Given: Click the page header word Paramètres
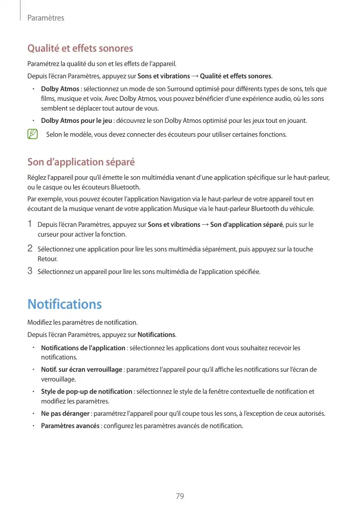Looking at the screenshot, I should tap(46, 18).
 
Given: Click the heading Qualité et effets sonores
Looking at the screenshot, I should tap(80, 49).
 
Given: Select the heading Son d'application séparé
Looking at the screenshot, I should tap(81, 162).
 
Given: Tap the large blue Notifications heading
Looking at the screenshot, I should tap(65, 304).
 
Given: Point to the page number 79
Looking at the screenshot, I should tap(180, 496).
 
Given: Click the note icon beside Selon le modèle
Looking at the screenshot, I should tap(33, 135).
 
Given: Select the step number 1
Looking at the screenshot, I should tap(30, 224).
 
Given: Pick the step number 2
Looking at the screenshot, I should tap(30, 249).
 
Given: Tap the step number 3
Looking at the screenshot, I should tap(30, 271).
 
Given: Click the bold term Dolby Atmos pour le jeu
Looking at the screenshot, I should tap(76, 121).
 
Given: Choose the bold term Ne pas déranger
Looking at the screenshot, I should tap(65, 414).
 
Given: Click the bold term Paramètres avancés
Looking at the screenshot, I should tap(70, 426).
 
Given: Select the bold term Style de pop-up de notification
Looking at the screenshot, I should tap(87, 392).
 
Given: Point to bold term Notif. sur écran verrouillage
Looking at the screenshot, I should tap(81, 370).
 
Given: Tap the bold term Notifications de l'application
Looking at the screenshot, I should tap(83, 348).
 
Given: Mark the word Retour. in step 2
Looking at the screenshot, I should tap(48, 259).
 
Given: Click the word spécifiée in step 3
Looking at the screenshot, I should tap(247, 271).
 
